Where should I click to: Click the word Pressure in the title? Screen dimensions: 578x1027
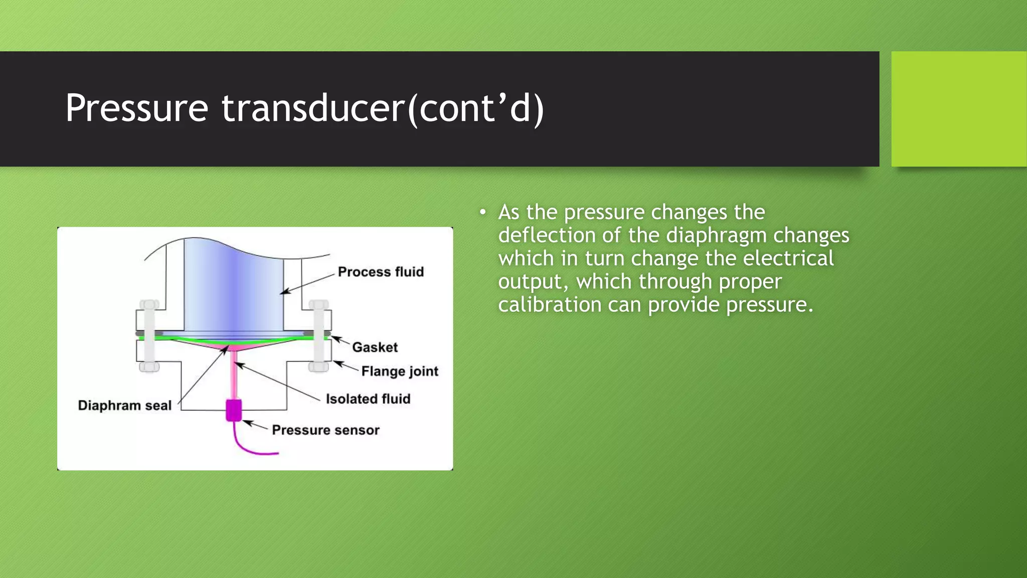click(136, 108)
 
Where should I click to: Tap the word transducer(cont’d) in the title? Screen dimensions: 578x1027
click(383, 108)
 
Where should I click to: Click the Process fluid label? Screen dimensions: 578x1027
click(381, 272)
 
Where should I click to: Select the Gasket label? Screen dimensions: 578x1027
click(375, 347)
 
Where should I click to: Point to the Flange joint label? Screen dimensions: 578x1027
click(400, 371)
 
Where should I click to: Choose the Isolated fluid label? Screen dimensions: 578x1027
click(368, 399)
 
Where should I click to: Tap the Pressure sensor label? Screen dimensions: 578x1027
click(325, 430)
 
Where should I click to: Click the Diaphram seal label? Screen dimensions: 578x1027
click(124, 405)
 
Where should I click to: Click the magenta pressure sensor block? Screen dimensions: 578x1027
click(234, 410)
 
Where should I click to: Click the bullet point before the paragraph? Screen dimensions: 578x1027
click(482, 212)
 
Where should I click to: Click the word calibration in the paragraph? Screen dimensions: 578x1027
click(550, 305)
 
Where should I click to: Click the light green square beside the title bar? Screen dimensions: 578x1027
click(959, 108)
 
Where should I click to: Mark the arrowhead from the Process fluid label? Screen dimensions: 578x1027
click(284, 293)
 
